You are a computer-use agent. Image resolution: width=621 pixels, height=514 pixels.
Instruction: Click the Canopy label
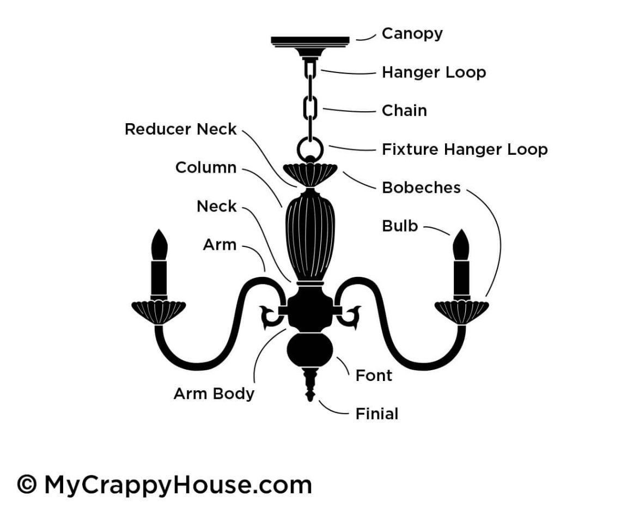click(x=412, y=34)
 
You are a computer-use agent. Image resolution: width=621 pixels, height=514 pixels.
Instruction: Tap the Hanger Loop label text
click(x=434, y=72)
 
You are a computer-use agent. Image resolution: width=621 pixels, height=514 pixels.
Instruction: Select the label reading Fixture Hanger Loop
click(x=465, y=149)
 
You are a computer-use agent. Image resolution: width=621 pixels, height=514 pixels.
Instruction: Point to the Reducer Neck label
click(x=181, y=130)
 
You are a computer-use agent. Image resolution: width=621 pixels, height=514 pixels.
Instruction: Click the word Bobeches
click(x=421, y=188)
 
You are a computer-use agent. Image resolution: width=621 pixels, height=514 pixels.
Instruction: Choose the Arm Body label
click(x=214, y=394)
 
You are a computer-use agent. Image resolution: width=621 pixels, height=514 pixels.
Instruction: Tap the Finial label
click(x=377, y=414)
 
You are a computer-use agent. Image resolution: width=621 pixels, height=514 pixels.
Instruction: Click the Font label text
click(x=374, y=376)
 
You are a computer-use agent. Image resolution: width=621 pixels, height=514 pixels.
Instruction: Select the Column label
click(x=206, y=168)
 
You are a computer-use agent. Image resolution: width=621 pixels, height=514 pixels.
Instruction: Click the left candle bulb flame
click(x=159, y=245)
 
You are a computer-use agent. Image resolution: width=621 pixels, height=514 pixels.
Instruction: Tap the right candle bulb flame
click(x=461, y=245)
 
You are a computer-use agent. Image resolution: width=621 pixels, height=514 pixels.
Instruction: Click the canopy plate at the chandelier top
click(x=310, y=42)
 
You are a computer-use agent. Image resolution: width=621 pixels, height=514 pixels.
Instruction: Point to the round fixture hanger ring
click(x=310, y=149)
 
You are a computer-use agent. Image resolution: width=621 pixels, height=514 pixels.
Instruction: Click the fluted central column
click(x=310, y=234)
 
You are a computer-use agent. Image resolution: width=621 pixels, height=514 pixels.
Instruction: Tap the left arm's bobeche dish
click(x=159, y=311)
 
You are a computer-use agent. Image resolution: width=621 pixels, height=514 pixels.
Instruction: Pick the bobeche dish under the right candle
click(x=461, y=311)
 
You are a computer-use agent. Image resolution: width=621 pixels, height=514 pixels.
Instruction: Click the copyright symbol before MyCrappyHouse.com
click(x=27, y=485)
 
